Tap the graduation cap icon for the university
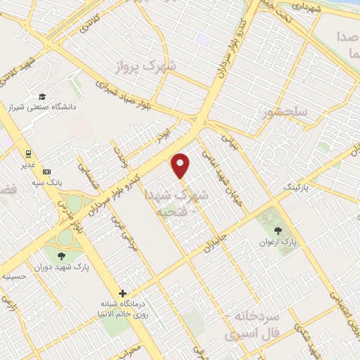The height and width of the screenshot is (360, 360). pyautogui.click(x=43, y=96)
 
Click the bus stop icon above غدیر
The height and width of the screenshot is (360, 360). pyautogui.click(x=28, y=154)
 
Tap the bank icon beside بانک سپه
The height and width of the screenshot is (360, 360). pyautogui.click(x=47, y=172)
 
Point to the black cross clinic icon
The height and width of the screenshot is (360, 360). pyautogui.click(x=123, y=293)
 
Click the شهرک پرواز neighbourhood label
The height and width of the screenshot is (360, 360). pyautogui.click(x=147, y=66)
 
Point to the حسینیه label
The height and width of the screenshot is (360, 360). pyautogui.click(x=14, y=276)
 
